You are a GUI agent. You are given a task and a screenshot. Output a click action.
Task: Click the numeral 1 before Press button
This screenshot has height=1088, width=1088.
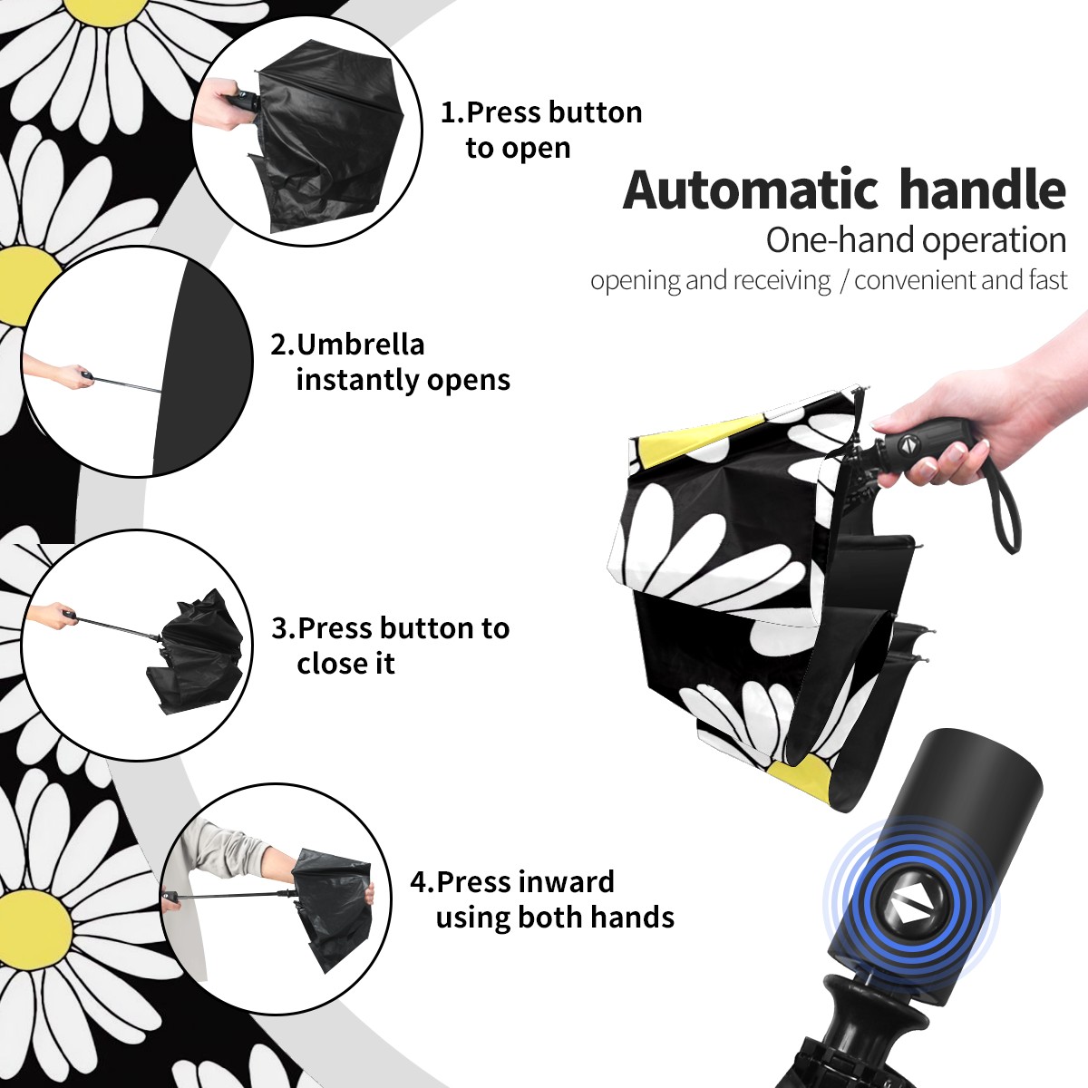(x=448, y=113)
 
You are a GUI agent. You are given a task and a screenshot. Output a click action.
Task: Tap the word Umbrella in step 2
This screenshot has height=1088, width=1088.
(x=360, y=345)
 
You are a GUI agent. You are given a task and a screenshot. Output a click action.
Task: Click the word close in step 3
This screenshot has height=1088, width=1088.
(x=328, y=663)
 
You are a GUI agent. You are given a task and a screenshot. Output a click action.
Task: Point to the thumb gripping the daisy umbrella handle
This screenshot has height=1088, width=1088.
(x=899, y=420)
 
